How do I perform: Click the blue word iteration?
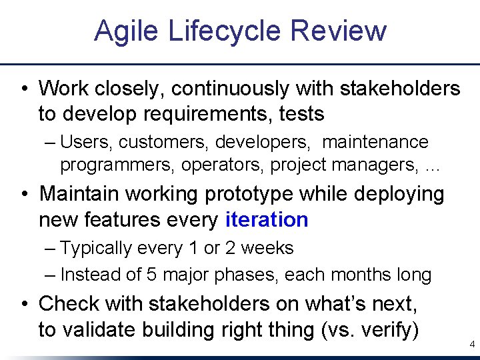267,219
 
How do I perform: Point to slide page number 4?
472,345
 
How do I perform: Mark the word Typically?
96,248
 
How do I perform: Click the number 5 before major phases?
148,274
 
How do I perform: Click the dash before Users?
52,142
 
